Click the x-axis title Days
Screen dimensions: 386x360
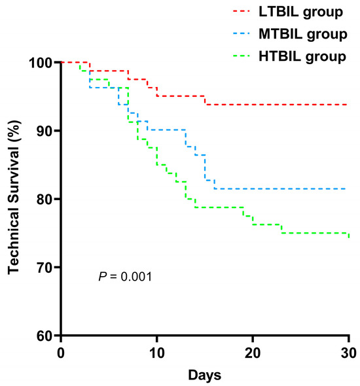pos(204,376)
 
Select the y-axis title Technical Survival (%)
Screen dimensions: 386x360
pos(13,199)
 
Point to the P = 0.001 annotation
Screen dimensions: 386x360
pos(125,277)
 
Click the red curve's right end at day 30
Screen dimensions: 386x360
pos(347,105)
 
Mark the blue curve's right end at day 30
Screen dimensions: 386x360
pos(347,188)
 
